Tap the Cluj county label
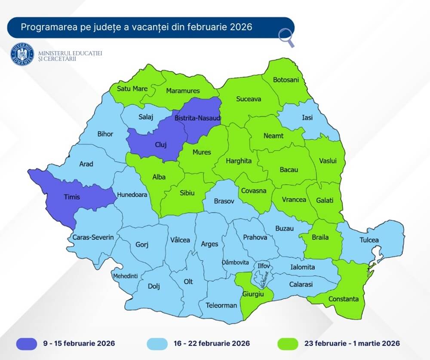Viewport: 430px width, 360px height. tap(160, 145)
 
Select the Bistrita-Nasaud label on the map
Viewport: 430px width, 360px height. tap(197, 118)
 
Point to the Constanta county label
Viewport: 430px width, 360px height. tap(343, 299)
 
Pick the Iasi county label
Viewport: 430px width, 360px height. tap(307, 117)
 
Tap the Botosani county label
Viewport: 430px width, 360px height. tap(286, 80)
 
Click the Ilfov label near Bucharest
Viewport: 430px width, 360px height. tap(263, 266)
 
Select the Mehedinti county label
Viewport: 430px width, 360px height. tap(125, 276)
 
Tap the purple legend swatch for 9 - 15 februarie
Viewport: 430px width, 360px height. tap(28, 343)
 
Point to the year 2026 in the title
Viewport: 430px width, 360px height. tap(240, 27)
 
